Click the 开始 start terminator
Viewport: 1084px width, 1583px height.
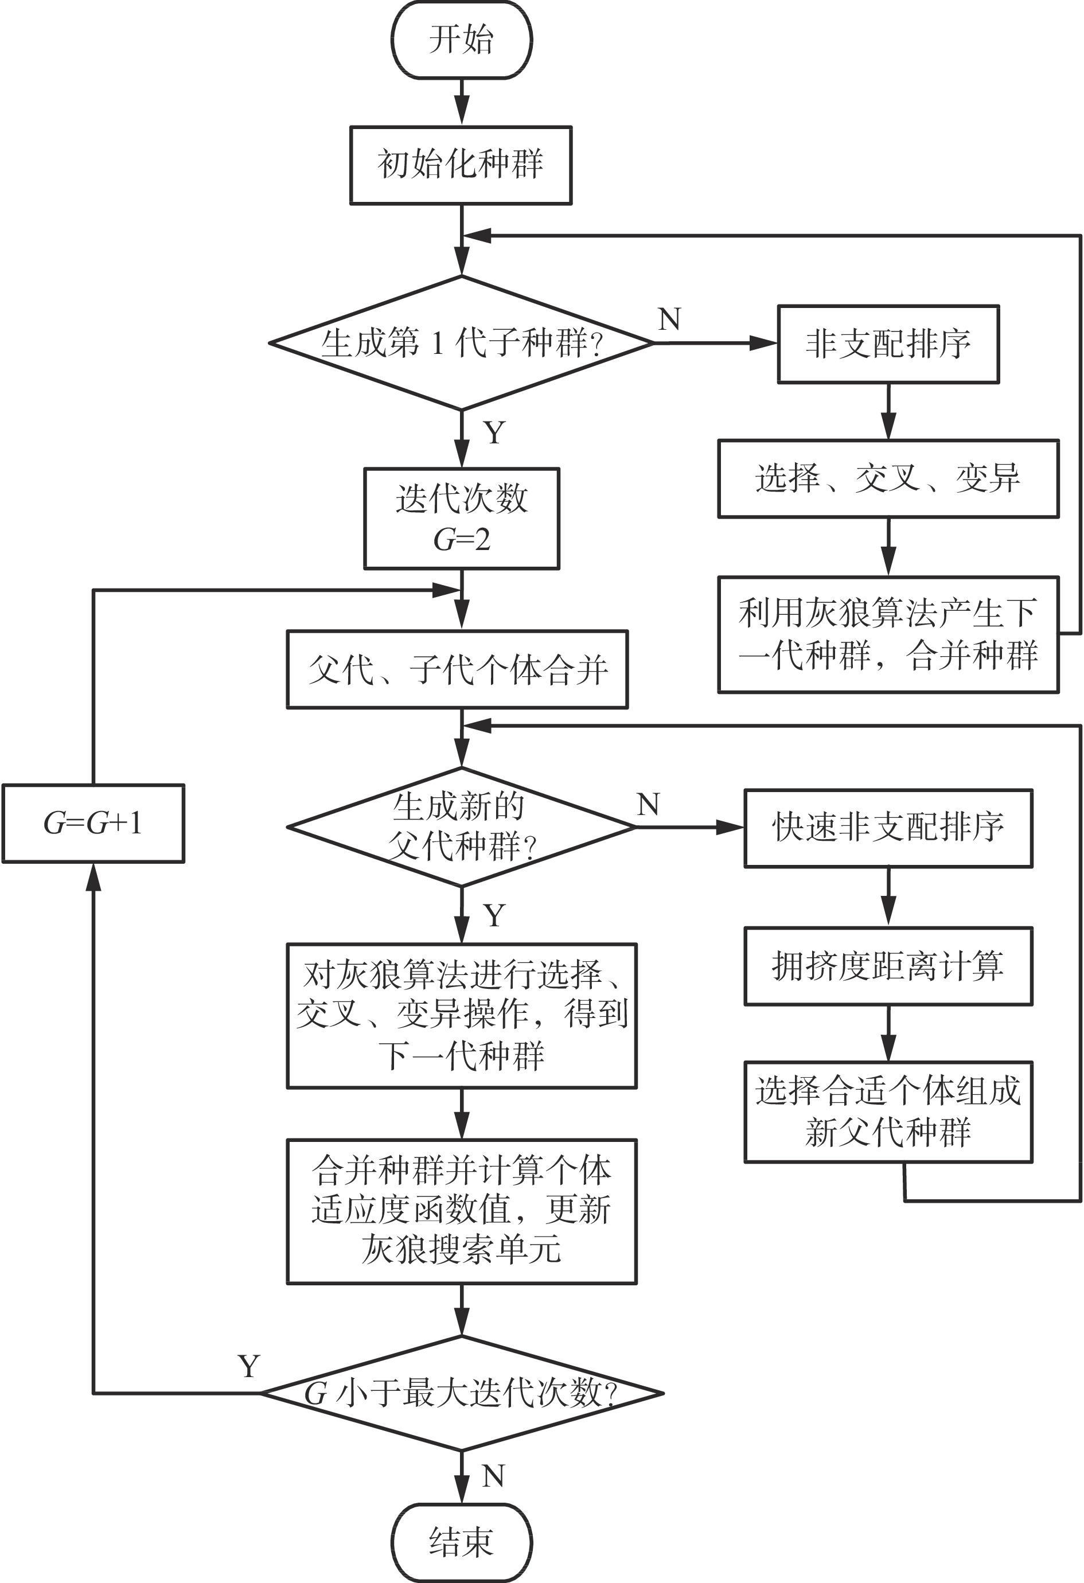tap(461, 40)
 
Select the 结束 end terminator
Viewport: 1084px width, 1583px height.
tap(461, 1542)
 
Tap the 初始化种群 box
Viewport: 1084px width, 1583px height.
tap(461, 165)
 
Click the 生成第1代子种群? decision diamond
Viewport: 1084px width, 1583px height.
tap(461, 342)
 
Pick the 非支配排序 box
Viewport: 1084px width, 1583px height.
tap(888, 344)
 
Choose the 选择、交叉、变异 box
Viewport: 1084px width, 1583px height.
tap(888, 478)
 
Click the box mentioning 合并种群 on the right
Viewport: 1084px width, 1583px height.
tap(888, 634)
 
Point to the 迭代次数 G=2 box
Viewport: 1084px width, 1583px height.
tap(461, 518)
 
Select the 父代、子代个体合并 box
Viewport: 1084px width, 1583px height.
tap(457, 669)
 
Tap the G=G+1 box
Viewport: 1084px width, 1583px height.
tap(93, 823)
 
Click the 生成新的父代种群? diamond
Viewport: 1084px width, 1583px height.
tap(461, 826)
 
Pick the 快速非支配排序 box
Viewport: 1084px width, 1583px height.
tap(888, 828)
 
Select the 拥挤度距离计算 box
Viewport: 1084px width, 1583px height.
tap(888, 966)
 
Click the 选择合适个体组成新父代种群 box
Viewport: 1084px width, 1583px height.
tap(888, 1111)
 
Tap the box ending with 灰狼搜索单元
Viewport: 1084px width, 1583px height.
tap(461, 1211)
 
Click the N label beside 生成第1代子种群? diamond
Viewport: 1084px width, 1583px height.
tap(669, 319)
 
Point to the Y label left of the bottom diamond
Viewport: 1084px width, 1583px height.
tap(249, 1366)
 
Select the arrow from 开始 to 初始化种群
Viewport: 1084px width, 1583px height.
tap(461, 102)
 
